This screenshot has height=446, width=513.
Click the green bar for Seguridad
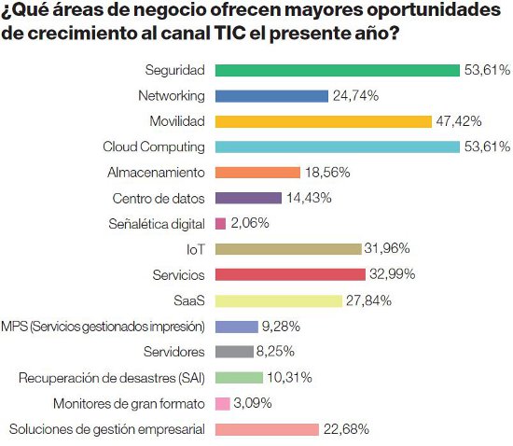(x=337, y=70)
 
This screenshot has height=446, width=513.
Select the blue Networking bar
(x=271, y=95)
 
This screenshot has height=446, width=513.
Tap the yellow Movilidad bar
(x=323, y=121)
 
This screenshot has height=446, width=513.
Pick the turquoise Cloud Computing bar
(x=337, y=146)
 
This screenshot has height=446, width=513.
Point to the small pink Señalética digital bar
(x=220, y=224)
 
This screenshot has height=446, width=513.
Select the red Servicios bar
(x=290, y=274)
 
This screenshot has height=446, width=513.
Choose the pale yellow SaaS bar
(x=278, y=300)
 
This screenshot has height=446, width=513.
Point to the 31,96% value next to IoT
(x=388, y=249)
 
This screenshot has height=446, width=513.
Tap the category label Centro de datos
(x=159, y=198)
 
